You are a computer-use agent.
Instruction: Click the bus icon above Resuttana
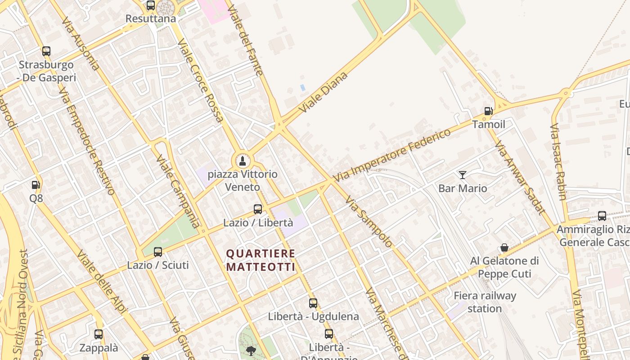[x=151, y=5]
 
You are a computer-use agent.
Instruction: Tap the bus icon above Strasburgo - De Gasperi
[x=46, y=51]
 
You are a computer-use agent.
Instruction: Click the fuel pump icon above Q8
[x=36, y=184]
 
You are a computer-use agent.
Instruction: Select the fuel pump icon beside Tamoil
[x=488, y=111]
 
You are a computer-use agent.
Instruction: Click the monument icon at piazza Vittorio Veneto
[x=243, y=161]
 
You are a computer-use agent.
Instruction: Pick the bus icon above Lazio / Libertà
[x=258, y=209]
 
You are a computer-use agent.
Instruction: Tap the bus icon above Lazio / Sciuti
[x=158, y=252]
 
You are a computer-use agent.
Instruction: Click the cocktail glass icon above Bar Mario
[x=463, y=175]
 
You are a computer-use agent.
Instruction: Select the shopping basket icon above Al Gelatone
[x=504, y=247]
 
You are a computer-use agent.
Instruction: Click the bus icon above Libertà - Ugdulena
[x=313, y=303]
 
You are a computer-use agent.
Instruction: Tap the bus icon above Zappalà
[x=99, y=334]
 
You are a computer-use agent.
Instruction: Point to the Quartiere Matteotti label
[x=261, y=261]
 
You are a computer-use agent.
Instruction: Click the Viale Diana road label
[x=323, y=92]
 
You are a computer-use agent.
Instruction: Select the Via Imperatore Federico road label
[x=391, y=155]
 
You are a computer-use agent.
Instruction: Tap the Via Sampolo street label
[x=369, y=221]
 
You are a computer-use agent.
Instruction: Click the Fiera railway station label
[x=485, y=302]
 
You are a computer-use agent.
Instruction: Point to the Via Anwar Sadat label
[x=520, y=177]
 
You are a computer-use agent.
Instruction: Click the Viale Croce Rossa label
[x=201, y=81]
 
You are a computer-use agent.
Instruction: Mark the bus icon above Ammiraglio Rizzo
[x=602, y=216]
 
